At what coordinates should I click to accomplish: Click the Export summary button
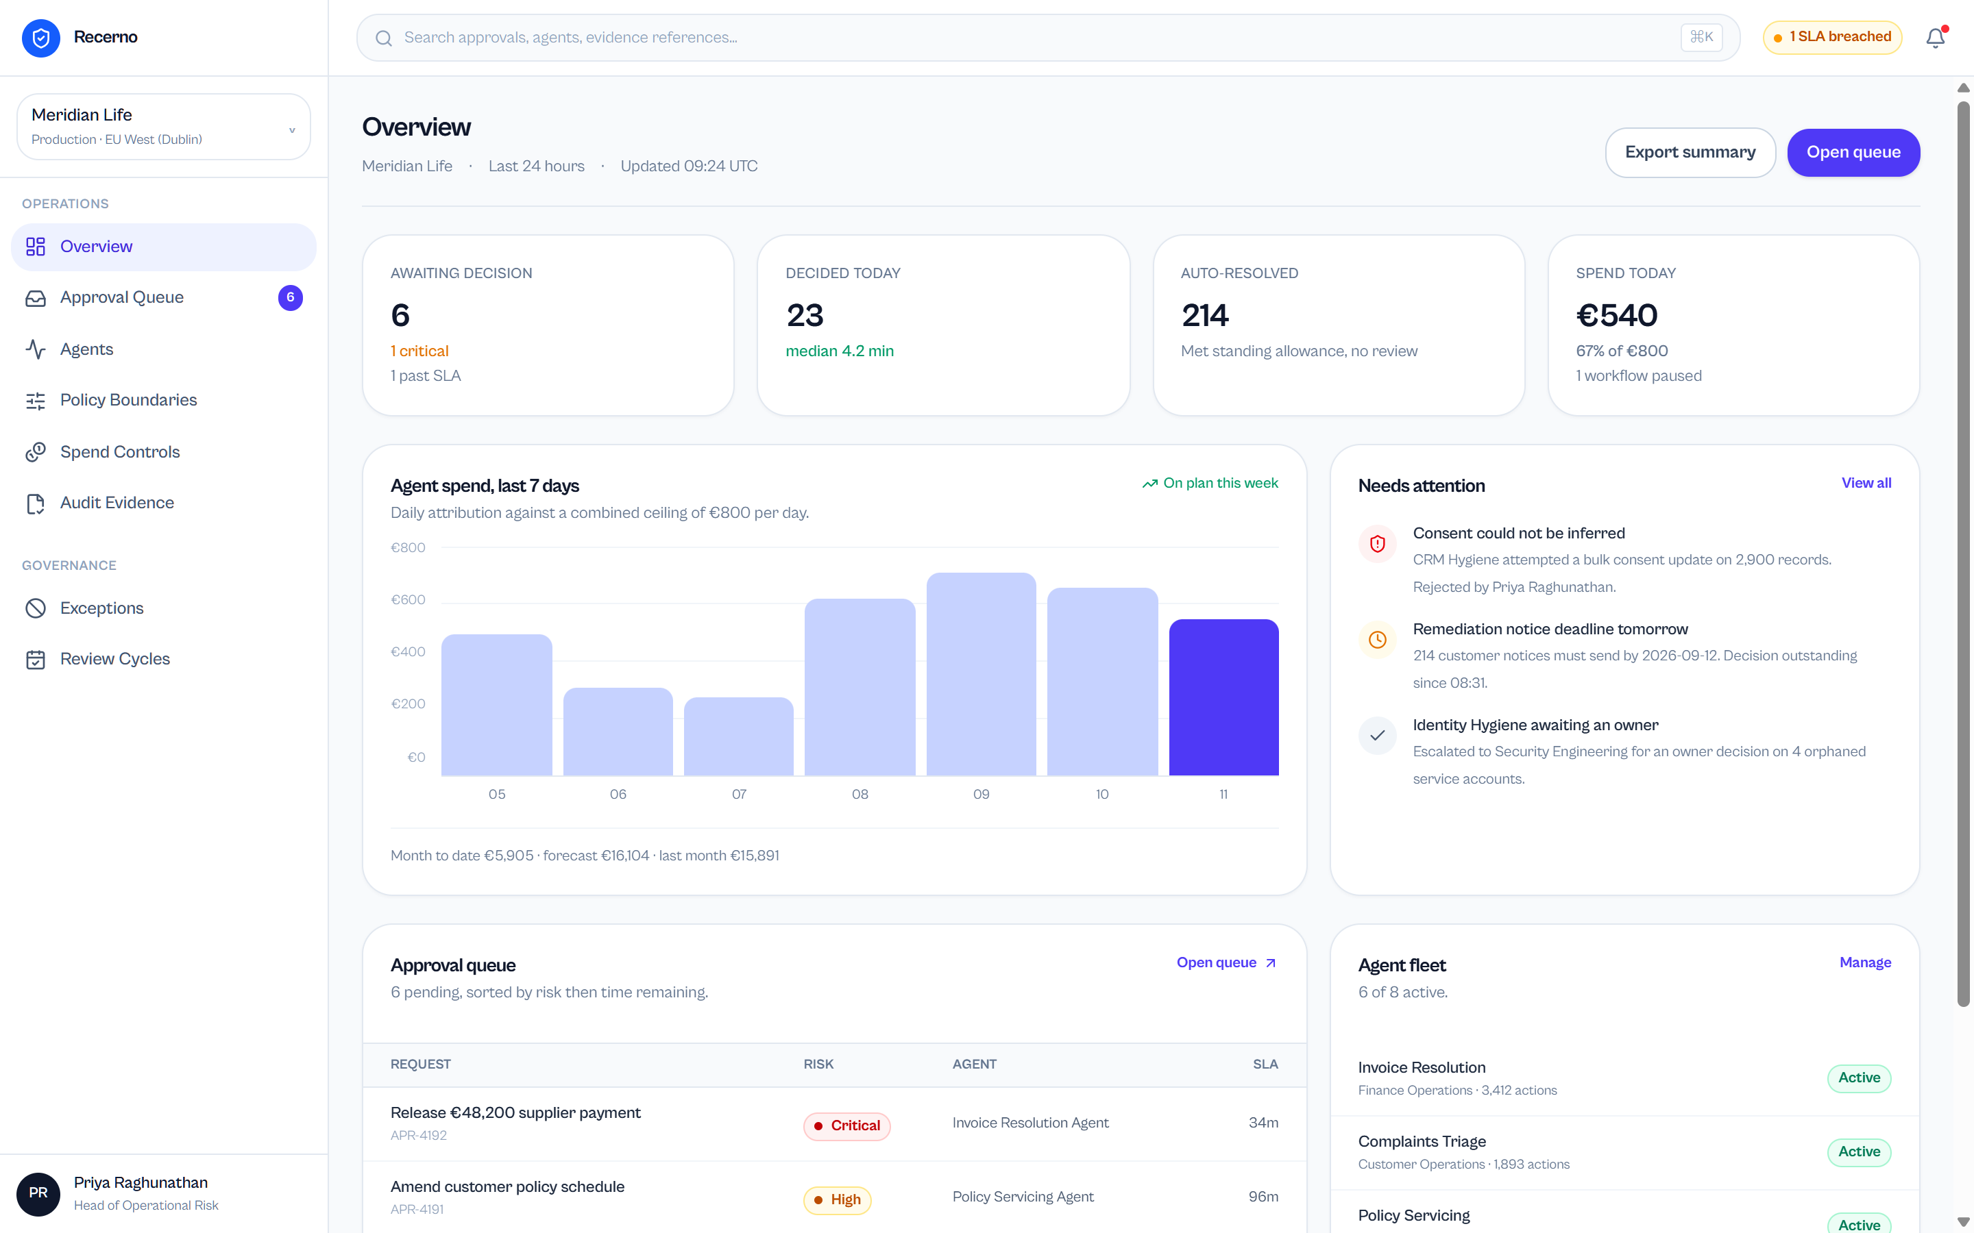1690,153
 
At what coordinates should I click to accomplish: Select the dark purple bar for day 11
1223,697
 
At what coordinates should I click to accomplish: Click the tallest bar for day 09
982,673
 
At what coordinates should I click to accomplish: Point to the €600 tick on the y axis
408,599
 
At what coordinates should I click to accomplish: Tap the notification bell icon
1936,38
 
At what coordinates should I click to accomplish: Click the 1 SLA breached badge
1832,38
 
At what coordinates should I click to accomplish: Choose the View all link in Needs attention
1866,483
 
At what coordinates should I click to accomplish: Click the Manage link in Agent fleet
1865,962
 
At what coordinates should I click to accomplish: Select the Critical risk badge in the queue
846,1126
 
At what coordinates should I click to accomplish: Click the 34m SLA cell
1263,1123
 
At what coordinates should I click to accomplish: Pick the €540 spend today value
1617,316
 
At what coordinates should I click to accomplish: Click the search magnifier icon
383,38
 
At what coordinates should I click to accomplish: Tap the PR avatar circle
38,1194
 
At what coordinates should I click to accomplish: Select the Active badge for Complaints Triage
1859,1152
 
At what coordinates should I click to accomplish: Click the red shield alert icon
1378,544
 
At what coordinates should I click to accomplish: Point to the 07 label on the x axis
739,795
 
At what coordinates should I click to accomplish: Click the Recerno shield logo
41,38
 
